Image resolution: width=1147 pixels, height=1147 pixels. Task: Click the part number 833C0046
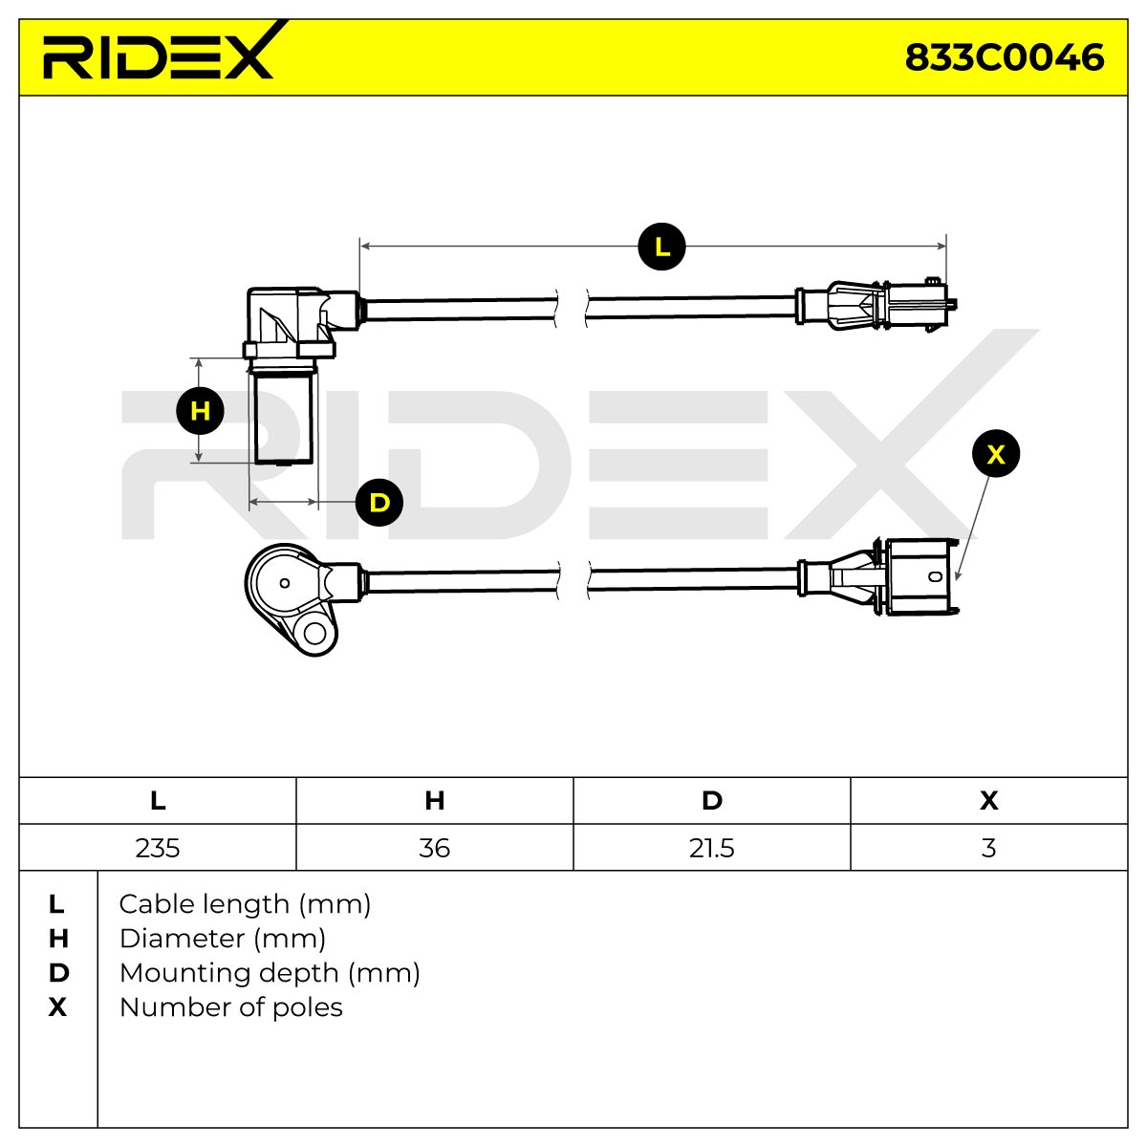pos(1005,57)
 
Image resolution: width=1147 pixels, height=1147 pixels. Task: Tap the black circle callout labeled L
pos(661,247)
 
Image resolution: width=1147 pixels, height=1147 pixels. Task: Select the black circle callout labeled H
pos(200,411)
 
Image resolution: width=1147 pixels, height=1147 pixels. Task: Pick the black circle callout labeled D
pos(379,503)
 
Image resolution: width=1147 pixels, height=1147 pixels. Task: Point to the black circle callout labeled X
pos(996,454)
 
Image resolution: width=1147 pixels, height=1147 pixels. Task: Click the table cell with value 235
pos(158,848)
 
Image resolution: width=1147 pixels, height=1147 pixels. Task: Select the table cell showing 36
pos(435,848)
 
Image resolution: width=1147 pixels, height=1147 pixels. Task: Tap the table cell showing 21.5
pos(712,848)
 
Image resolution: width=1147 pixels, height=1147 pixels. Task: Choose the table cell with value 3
pos(988,848)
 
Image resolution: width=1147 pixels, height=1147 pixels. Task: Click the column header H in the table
pos(435,801)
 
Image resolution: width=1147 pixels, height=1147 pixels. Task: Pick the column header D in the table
pos(712,801)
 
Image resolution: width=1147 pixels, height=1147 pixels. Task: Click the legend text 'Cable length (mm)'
pos(245,905)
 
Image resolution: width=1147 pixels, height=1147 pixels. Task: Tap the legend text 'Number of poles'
pos(231,1007)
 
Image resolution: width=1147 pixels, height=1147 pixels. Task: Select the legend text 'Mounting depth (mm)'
pos(270,973)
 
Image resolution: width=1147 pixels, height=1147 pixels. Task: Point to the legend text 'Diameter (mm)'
pos(223,939)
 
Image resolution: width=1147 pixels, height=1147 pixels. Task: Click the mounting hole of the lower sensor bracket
pos(314,634)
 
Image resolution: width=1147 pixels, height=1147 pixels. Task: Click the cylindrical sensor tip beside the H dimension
pos(283,416)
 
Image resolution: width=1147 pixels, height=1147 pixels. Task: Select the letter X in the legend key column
pos(57,1007)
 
